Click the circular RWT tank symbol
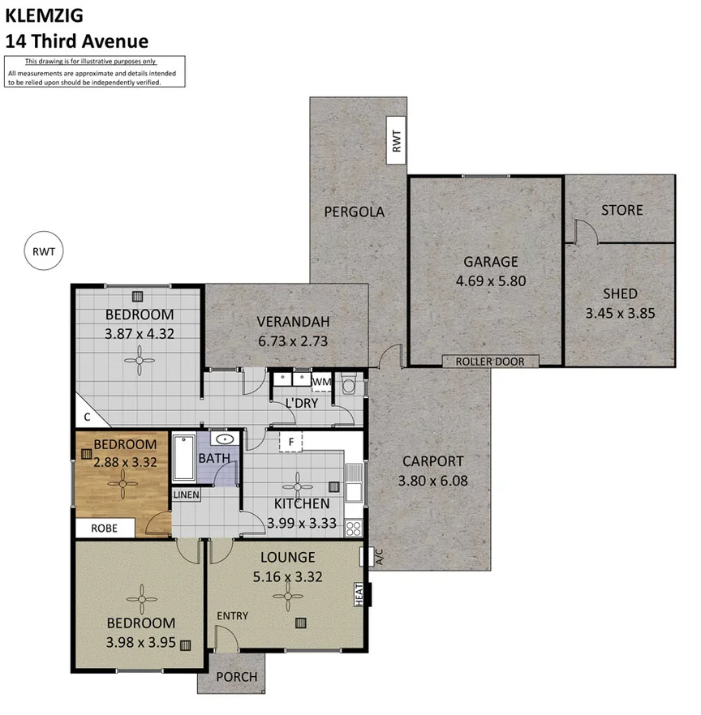pos(44,250)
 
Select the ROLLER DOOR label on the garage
pos(489,362)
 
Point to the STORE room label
pos(621,210)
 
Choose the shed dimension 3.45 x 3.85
pos(620,313)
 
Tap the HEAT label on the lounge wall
pos(359,595)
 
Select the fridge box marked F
pos(290,442)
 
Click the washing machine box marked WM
pos(321,382)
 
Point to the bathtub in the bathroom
pos(183,459)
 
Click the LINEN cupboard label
pos(186,495)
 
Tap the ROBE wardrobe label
pos(103,529)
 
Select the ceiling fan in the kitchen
pos(296,486)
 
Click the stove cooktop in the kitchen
pos(354,529)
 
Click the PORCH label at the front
pos(238,676)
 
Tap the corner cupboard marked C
pos(86,417)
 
